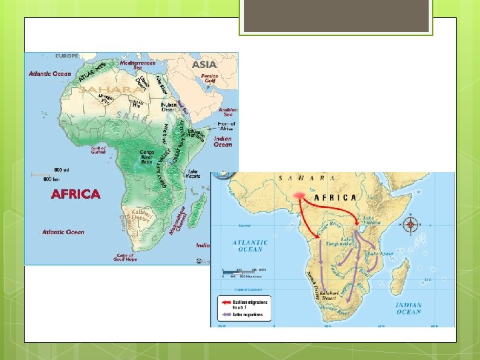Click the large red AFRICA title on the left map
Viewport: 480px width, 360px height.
pyautogui.click(x=76, y=194)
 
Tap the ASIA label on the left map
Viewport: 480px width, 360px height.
pyautogui.click(x=205, y=65)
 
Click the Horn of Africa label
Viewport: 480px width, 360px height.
pyautogui.click(x=227, y=127)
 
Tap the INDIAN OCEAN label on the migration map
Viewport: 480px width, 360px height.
pyautogui.click(x=409, y=308)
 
